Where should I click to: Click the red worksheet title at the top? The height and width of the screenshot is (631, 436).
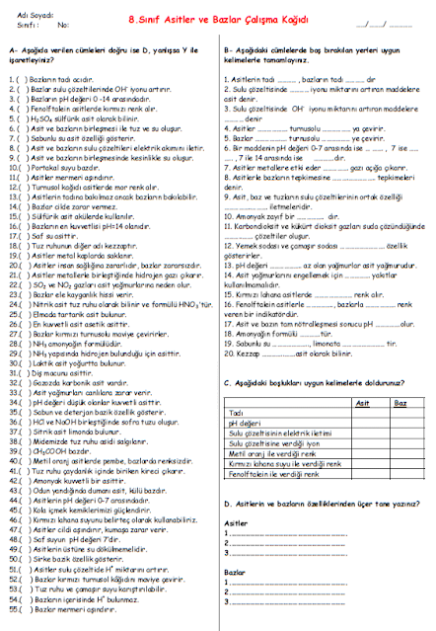(x=216, y=18)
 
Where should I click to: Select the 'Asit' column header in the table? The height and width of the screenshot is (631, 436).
(x=362, y=403)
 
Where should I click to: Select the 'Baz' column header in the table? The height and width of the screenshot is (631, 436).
(x=400, y=403)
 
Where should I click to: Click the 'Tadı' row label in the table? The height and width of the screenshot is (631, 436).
(x=236, y=412)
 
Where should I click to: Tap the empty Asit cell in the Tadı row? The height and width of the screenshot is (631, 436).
(x=362, y=412)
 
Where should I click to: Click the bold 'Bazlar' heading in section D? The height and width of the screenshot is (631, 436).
(x=235, y=572)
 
